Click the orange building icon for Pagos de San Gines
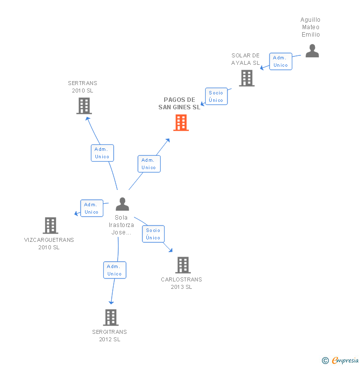pyautogui.click(x=181, y=123)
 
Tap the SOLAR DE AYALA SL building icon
pyautogui.click(x=247, y=78)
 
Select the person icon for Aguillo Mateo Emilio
pyautogui.click(x=312, y=51)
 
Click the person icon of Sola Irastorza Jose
pyautogui.click(x=122, y=204)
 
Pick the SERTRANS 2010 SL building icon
pyautogui.click(x=84, y=106)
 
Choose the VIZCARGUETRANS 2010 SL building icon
pyautogui.click(x=50, y=226)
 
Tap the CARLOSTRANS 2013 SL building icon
pyautogui.click(x=183, y=265)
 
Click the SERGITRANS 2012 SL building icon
pyautogui.click(x=111, y=318)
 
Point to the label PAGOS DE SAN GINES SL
pyautogui.click(x=180, y=103)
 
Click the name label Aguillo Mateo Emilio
pyautogui.click(x=311, y=27)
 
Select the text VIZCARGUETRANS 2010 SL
pyautogui.click(x=49, y=243)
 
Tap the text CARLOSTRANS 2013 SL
pyautogui.click(x=181, y=283)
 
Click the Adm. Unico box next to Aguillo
pyautogui.click(x=280, y=61)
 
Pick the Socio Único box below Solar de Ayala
pyautogui.click(x=216, y=96)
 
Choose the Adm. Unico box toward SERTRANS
pyautogui.click(x=102, y=153)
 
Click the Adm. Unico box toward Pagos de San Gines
pyautogui.click(x=149, y=164)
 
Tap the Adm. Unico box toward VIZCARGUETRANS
pyautogui.click(x=91, y=208)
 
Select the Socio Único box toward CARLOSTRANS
pyautogui.click(x=153, y=234)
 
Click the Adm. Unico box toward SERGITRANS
pyautogui.click(x=115, y=270)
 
